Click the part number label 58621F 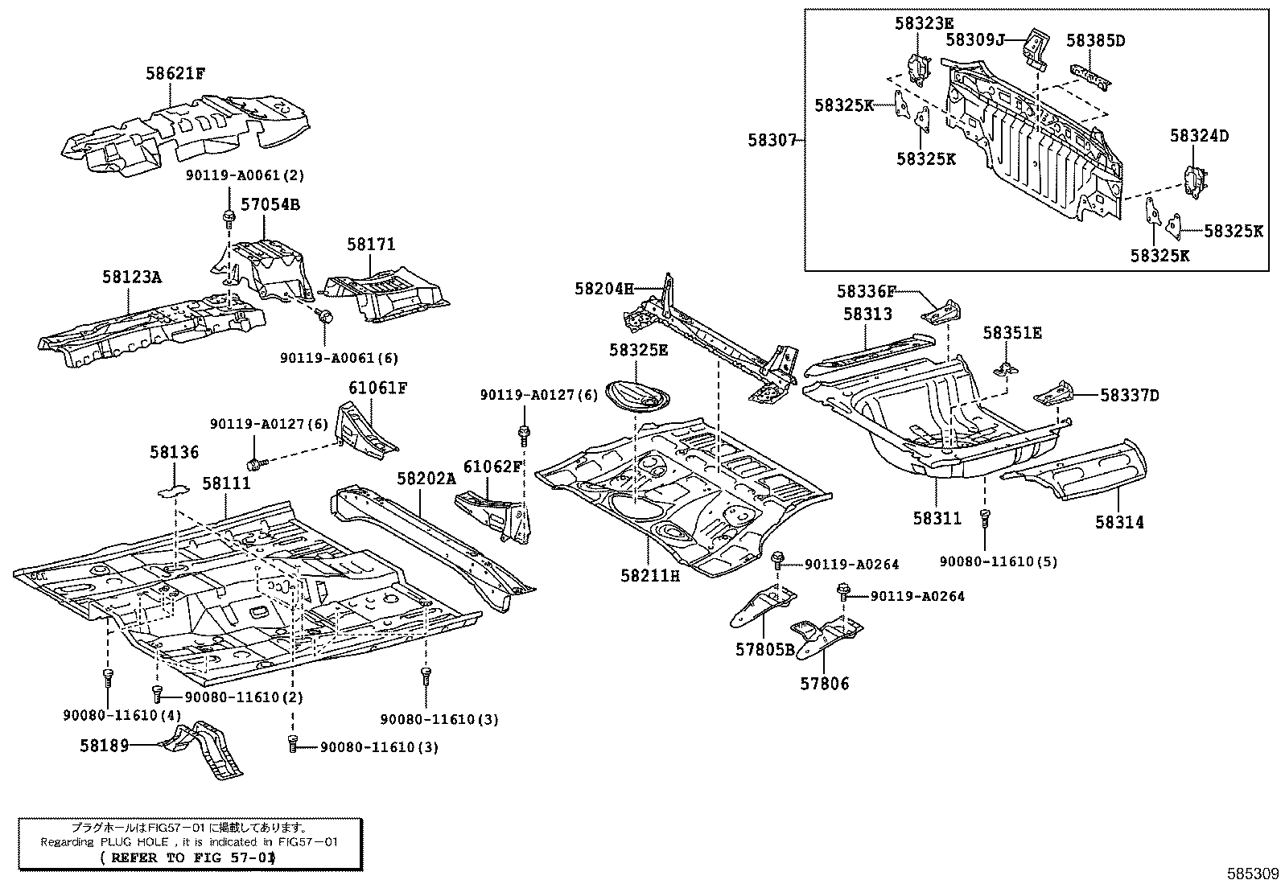175,73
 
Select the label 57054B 270,204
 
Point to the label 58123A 132,278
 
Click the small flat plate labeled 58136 172,488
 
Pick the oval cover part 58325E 638,395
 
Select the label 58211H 650,575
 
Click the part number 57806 824,684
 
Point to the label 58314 1119,522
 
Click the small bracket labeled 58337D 1055,395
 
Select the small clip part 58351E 1004,368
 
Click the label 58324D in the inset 1199,136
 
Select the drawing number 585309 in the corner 1252,873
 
